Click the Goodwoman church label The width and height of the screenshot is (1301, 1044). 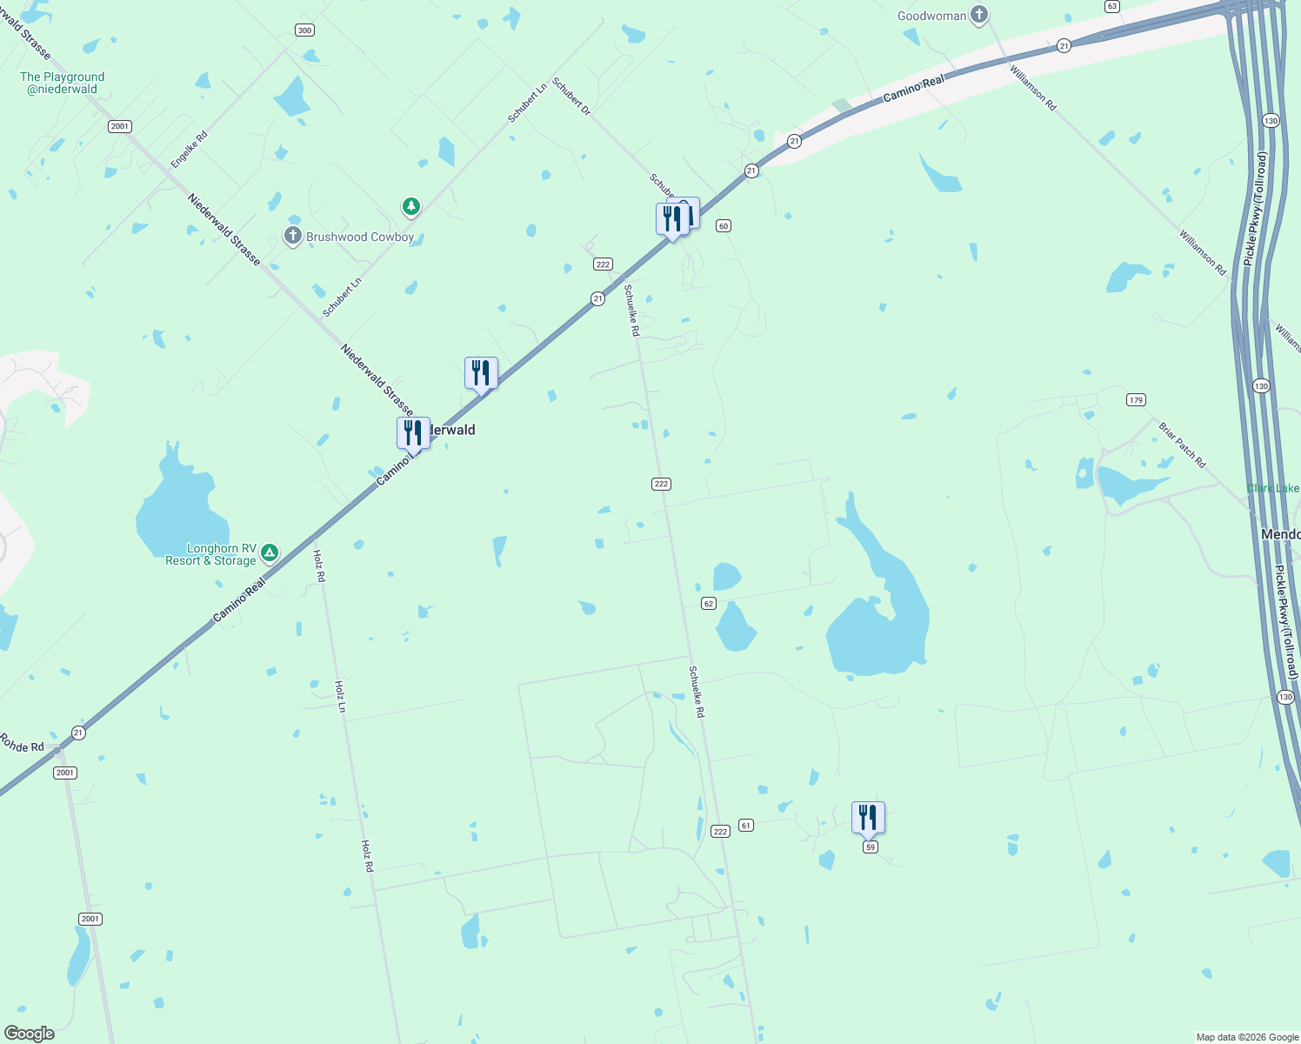(x=932, y=16)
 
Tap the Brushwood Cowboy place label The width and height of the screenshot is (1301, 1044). (x=360, y=237)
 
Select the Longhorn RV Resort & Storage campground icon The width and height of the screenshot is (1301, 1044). (x=270, y=552)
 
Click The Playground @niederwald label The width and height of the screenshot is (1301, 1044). (x=62, y=83)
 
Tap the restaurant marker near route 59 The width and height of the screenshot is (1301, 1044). (x=868, y=818)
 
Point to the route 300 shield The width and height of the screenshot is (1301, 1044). (x=304, y=30)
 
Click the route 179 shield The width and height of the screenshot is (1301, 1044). (x=1136, y=400)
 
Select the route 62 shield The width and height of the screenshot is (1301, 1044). (x=709, y=604)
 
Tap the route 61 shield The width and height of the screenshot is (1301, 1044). (x=746, y=825)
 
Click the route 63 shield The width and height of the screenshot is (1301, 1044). (x=1112, y=6)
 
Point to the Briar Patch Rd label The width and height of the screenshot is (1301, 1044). (x=1183, y=445)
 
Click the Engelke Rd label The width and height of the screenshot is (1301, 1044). (x=190, y=150)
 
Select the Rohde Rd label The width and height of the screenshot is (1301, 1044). (x=22, y=745)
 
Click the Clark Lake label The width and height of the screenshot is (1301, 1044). (x=1273, y=488)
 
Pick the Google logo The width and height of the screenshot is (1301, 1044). (x=29, y=1034)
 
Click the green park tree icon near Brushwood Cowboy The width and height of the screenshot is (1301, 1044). (x=411, y=207)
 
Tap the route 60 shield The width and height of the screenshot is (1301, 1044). (x=723, y=226)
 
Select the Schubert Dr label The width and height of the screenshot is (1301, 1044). (x=571, y=98)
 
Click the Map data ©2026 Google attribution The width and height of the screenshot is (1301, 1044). (x=1247, y=1037)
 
